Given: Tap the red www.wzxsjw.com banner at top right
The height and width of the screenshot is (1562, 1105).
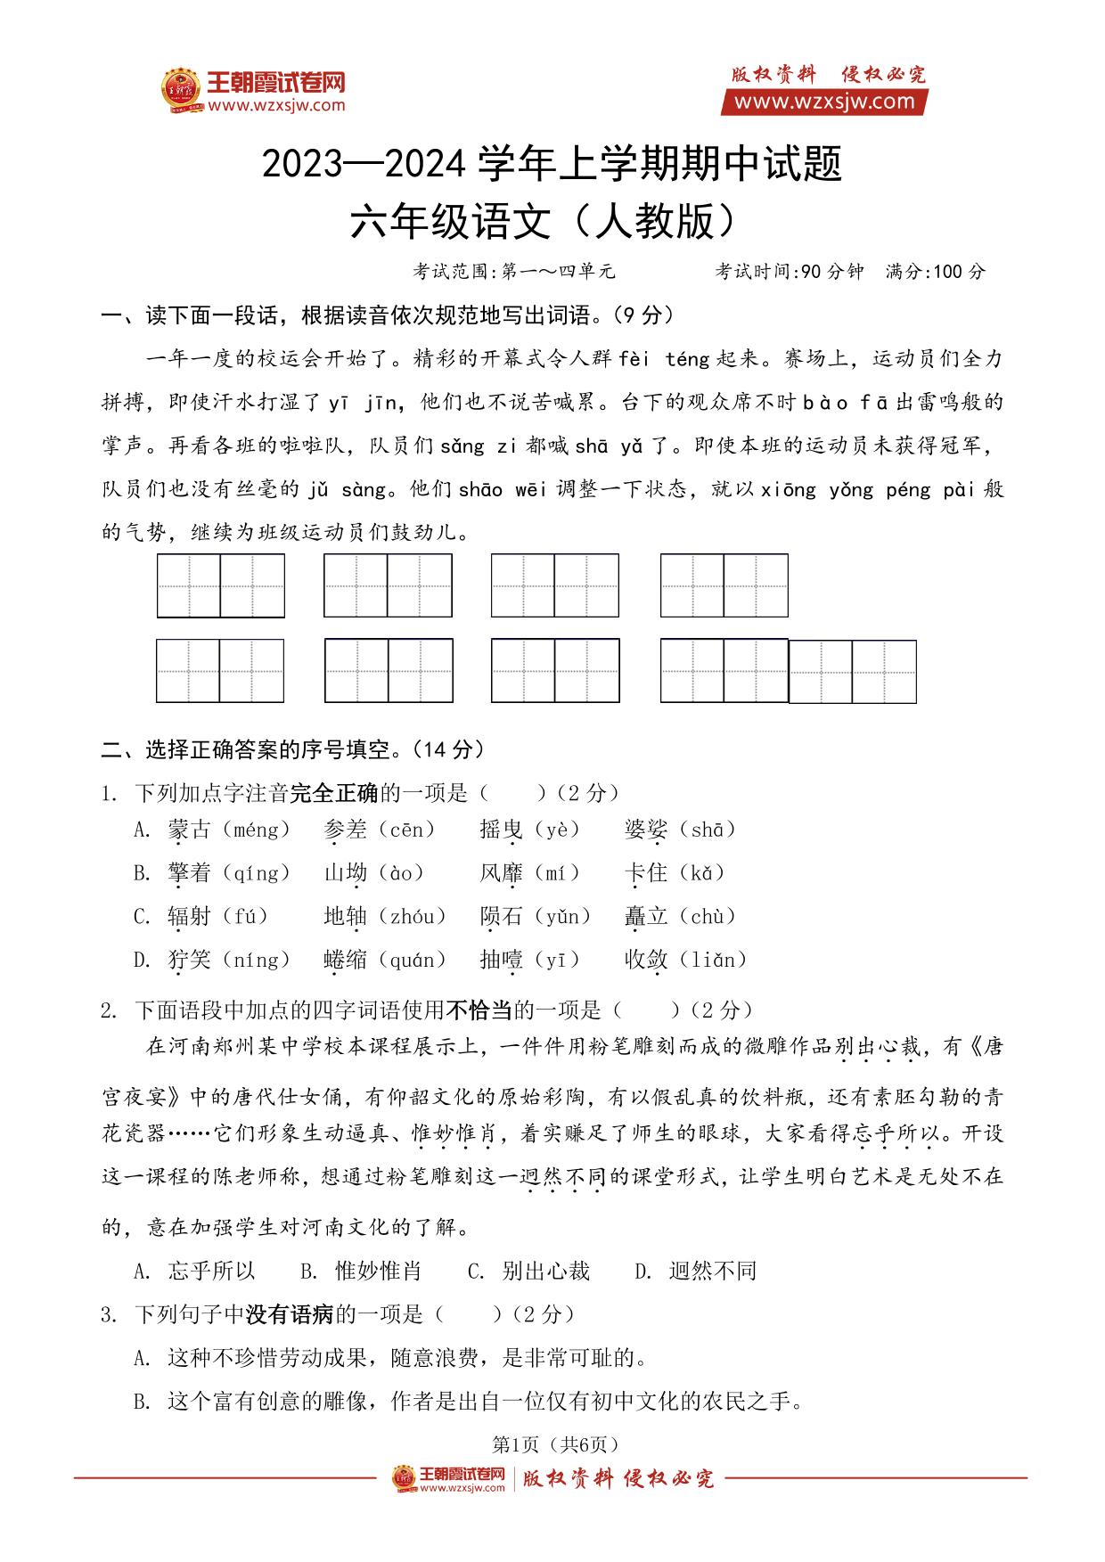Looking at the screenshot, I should (x=824, y=102).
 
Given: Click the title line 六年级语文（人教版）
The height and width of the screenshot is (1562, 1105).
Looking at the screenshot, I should (x=544, y=222).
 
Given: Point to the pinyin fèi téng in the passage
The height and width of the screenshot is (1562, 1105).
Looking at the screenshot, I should (x=664, y=358).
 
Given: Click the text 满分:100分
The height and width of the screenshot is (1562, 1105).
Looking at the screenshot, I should (x=936, y=272).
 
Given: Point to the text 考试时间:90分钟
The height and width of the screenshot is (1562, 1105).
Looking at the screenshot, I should (x=790, y=272).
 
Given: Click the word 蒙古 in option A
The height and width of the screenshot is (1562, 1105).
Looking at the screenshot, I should (x=189, y=830).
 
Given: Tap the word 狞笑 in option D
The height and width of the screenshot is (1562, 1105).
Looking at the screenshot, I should (x=189, y=960).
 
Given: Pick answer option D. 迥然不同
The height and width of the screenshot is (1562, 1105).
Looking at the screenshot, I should (x=695, y=1271).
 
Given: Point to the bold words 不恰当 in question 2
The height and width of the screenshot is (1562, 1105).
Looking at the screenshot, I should (x=478, y=1010).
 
